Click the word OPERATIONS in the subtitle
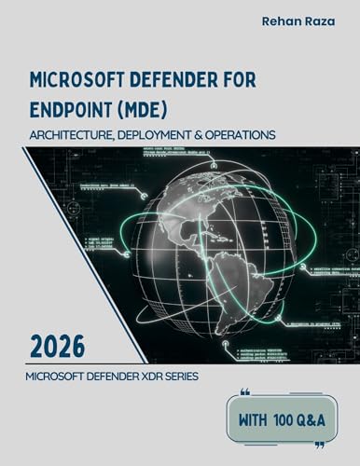[242, 134]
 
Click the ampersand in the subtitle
[205, 134]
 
